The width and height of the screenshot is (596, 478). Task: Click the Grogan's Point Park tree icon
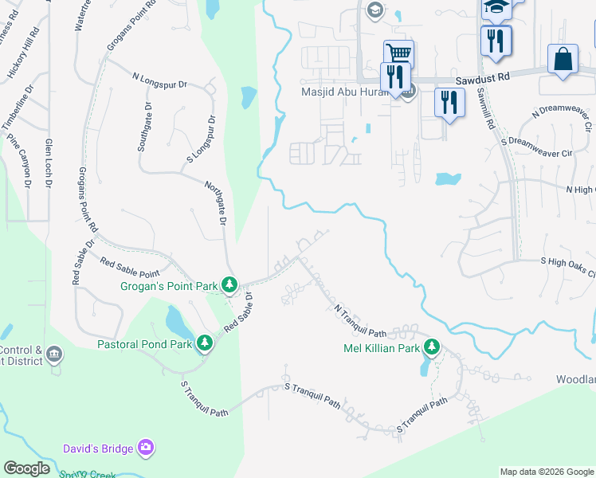[230, 284]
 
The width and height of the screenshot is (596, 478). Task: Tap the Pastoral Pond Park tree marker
[205, 343]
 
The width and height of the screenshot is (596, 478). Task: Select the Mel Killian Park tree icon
[432, 347]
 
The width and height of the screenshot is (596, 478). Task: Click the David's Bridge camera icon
[146, 449]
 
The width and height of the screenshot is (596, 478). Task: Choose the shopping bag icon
[563, 60]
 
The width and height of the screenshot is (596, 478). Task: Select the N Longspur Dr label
[159, 81]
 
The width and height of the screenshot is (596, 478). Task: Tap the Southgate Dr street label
[143, 127]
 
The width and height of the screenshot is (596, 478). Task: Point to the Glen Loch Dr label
[49, 163]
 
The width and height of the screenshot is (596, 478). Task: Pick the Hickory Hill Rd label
[22, 55]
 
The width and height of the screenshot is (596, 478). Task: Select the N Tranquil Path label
[359, 319]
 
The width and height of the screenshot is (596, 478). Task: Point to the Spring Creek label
[88, 474]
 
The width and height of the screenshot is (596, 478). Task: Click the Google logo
[27, 468]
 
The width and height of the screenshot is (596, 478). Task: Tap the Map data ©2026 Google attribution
[546, 472]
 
